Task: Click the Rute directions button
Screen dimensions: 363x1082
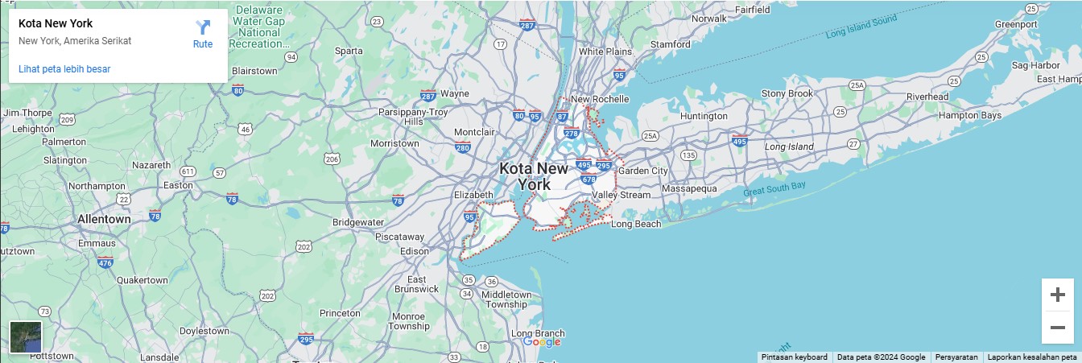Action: pyautogui.click(x=202, y=34)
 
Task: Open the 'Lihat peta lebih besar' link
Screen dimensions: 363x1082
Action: pyautogui.click(x=64, y=69)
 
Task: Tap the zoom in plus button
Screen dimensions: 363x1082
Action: pyautogui.click(x=1057, y=295)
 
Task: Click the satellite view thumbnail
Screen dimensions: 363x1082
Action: pyautogui.click(x=26, y=336)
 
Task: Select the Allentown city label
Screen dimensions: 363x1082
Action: pyautogui.click(x=104, y=219)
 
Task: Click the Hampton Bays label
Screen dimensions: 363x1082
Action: pyautogui.click(x=969, y=115)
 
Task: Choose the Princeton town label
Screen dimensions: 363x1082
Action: pyautogui.click(x=340, y=312)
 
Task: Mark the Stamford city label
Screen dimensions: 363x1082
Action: pyautogui.click(x=671, y=44)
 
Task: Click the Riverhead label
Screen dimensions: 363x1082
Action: pyautogui.click(x=927, y=97)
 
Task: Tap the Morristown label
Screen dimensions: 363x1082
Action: pyautogui.click(x=394, y=143)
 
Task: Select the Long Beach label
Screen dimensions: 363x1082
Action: pyautogui.click(x=636, y=224)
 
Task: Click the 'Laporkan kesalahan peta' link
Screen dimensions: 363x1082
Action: pyautogui.click(x=1031, y=357)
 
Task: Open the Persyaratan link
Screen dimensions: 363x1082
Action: pyautogui.click(x=956, y=357)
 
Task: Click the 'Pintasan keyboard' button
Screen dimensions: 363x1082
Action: pyautogui.click(x=794, y=357)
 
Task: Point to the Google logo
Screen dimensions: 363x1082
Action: pyautogui.click(x=542, y=342)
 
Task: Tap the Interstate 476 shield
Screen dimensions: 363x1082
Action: pyautogui.click(x=105, y=262)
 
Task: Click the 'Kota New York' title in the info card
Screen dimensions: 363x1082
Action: pyautogui.click(x=56, y=23)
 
